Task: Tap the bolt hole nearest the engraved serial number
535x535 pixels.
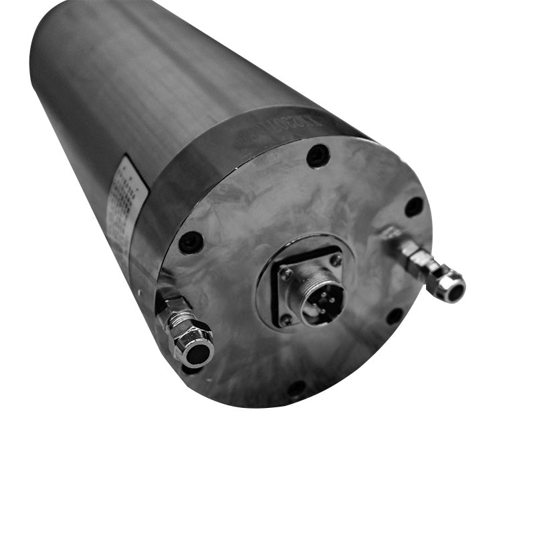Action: pos(318,156)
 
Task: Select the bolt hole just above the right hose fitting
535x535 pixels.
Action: pos(414,206)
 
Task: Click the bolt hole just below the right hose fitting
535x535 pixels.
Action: pos(395,316)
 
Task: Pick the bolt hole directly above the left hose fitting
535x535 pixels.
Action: pos(191,241)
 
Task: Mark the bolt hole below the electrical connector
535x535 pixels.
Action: pos(296,388)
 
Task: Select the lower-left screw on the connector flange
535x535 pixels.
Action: pos(286,320)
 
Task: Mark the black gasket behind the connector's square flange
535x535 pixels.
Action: pos(276,294)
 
